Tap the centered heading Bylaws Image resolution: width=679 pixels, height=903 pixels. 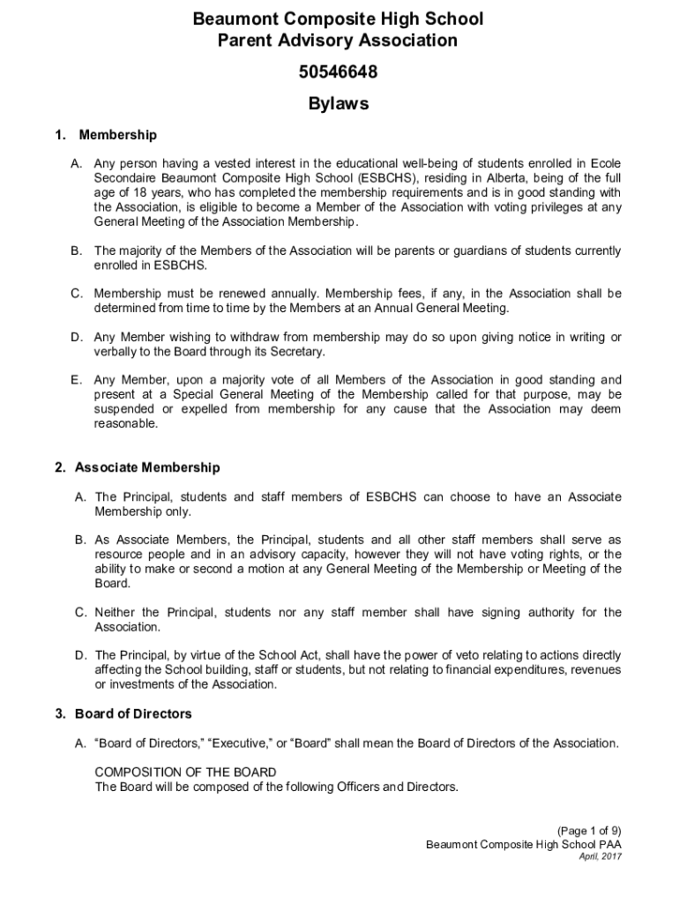(x=339, y=104)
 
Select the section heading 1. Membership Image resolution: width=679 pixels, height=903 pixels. (x=106, y=135)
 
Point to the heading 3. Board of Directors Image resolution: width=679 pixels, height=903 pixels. (x=133, y=713)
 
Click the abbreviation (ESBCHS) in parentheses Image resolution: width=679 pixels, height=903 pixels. (x=380, y=177)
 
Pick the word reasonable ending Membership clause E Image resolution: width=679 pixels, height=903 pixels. (x=126, y=423)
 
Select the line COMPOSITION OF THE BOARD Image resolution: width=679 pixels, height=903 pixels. (x=185, y=772)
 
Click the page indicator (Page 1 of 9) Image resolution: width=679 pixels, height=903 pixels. (x=589, y=831)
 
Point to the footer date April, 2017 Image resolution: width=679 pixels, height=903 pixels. (x=601, y=856)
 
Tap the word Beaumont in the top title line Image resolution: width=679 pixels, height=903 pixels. (x=234, y=19)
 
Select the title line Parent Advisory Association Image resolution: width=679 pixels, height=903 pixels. (x=339, y=41)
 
